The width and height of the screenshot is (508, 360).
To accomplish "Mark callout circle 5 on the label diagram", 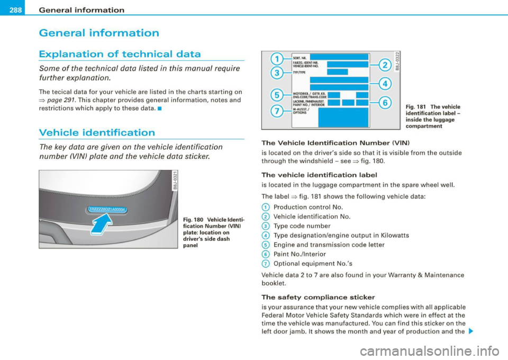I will pyautogui.click(x=275, y=95).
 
